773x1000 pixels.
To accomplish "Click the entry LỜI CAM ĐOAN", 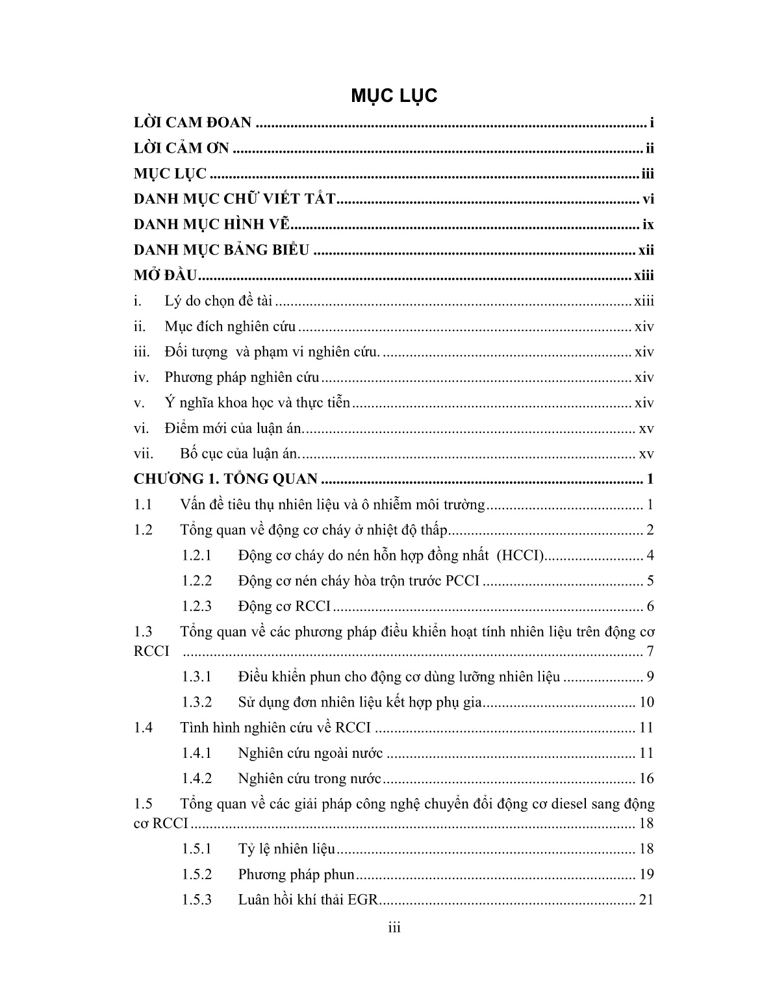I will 192,123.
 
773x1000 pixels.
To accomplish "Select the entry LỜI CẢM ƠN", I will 181,149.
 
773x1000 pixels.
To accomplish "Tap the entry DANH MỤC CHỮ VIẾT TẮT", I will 234,199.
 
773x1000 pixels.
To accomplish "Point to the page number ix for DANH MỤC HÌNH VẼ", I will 648,225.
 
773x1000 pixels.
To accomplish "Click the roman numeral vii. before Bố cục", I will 144,454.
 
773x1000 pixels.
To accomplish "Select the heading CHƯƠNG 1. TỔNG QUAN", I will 225,479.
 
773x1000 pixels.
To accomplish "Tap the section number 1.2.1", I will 197,556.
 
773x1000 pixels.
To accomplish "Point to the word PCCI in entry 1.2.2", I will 463,581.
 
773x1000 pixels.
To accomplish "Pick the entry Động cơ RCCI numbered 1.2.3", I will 284,606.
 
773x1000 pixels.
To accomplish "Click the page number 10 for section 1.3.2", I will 646,703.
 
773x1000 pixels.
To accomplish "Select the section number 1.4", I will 143,728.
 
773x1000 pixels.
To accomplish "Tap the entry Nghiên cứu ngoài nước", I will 310,753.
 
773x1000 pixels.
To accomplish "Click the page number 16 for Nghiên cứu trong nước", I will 646,779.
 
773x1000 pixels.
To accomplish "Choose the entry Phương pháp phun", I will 296,875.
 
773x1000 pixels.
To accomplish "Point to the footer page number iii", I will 394,928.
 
